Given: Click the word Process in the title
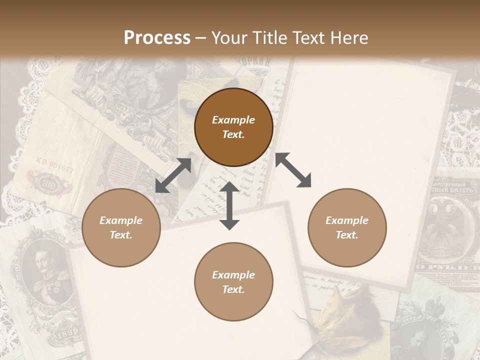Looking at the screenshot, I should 157,38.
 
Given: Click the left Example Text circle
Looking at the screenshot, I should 121,227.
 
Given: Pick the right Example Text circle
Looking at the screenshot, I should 347,227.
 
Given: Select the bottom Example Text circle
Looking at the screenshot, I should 233,281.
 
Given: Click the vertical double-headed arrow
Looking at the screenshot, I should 229,205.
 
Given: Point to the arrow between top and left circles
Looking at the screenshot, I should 173,175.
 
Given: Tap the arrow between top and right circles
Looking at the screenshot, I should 293,170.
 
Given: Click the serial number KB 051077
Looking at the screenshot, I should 54,164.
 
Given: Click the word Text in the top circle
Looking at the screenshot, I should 233,134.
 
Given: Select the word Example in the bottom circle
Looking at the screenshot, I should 233,274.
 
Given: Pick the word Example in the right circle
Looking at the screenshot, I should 347,220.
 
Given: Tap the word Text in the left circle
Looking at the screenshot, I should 121,235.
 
